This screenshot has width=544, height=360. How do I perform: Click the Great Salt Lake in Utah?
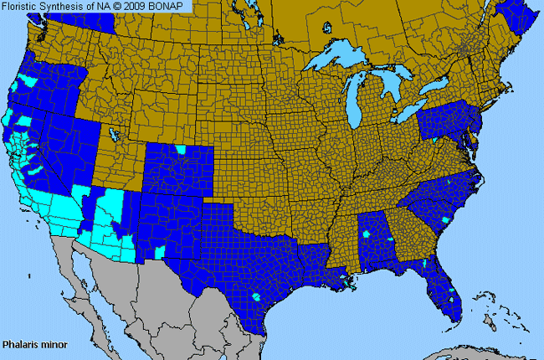pos(113,134)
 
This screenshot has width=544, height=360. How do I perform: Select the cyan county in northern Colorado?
pos(180,149)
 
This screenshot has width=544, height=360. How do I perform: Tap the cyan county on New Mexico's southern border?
pos(162,252)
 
